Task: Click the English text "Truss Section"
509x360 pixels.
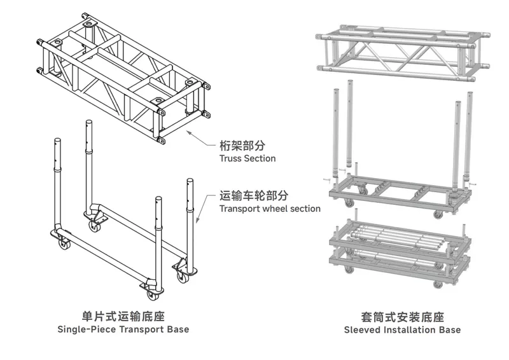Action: (x=248, y=158)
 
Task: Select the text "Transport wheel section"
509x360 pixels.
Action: (x=270, y=209)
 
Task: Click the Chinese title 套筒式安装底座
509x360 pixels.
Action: (x=402, y=316)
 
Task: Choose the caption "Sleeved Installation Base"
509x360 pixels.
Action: (x=402, y=329)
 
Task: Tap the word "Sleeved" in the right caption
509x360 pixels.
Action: (x=364, y=329)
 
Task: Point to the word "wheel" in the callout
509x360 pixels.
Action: (x=275, y=209)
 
